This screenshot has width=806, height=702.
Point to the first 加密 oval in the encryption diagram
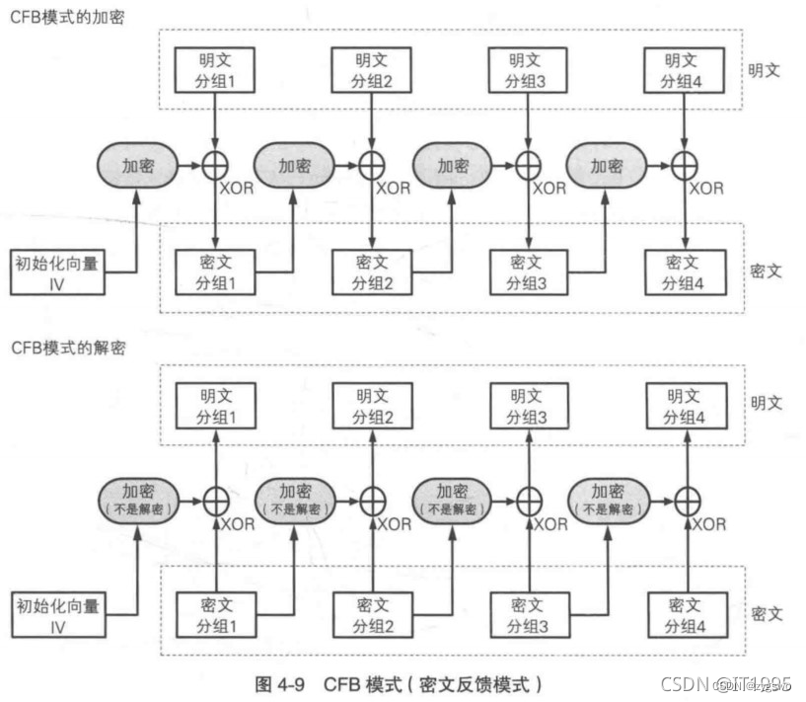point(138,167)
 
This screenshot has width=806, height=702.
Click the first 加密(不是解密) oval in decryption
point(138,500)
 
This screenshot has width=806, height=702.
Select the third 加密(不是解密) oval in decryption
point(454,500)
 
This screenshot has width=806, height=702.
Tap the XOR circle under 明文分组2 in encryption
point(371,167)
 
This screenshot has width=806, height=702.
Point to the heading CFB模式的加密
point(67,17)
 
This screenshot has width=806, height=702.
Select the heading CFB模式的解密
point(67,349)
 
